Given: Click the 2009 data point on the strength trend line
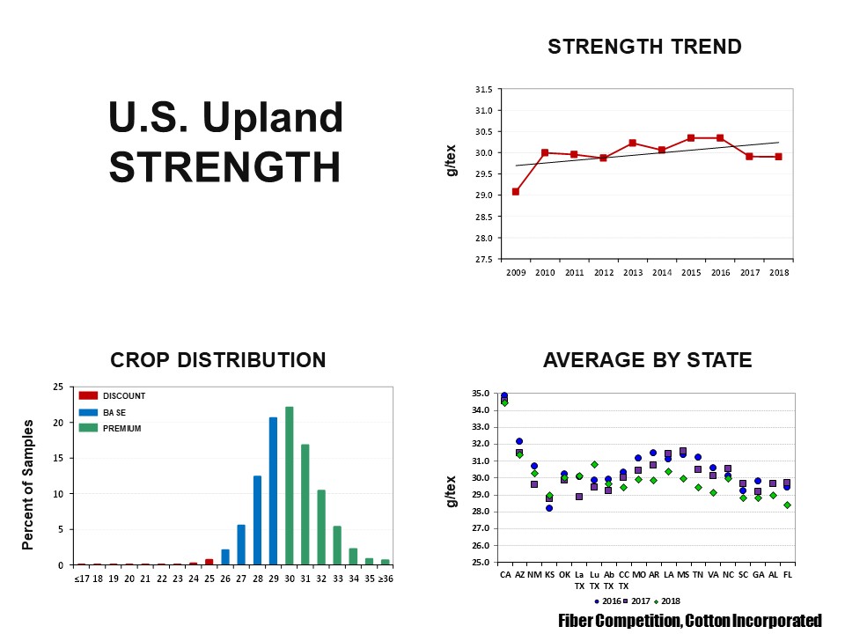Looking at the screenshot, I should click(515, 191).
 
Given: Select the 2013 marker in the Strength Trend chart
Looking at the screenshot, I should click(633, 143).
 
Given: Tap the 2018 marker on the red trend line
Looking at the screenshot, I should click(779, 157).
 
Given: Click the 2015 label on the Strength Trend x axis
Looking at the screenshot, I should click(691, 273).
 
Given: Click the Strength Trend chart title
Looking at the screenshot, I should click(644, 47).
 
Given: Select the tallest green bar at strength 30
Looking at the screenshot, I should click(290, 485).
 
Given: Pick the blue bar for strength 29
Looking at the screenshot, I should click(273, 490).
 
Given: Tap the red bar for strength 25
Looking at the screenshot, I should click(209, 562).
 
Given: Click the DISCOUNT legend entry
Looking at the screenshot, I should click(114, 396).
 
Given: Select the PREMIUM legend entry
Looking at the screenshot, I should click(112, 428).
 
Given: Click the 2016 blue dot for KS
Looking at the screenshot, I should click(549, 508).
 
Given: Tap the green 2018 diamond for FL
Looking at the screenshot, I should click(787, 505).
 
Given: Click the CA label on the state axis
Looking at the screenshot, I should click(505, 574).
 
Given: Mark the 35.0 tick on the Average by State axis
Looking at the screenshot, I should click(481, 394).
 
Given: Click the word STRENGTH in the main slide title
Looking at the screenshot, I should click(224, 167).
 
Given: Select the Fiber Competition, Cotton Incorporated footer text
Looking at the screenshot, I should click(690, 621).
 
